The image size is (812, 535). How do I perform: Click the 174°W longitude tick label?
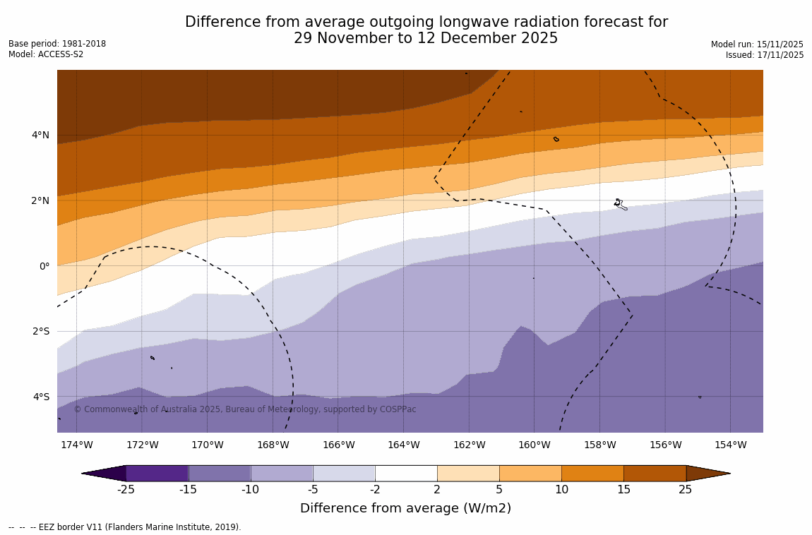click(x=76, y=445)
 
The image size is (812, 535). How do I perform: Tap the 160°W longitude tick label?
click(x=534, y=445)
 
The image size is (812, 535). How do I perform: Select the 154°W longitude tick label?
click(x=730, y=445)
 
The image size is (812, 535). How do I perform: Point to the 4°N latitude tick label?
click(x=40, y=135)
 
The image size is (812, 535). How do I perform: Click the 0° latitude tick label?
click(x=44, y=266)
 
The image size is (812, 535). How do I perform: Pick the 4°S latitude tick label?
click(x=40, y=397)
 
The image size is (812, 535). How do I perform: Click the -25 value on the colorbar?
click(x=126, y=490)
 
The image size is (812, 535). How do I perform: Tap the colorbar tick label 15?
click(x=623, y=490)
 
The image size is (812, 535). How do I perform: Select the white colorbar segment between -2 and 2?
click(x=406, y=473)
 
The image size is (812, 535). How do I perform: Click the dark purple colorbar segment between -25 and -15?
click(x=157, y=473)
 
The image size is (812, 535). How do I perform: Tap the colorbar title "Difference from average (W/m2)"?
click(x=405, y=508)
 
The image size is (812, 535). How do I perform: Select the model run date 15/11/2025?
click(x=780, y=44)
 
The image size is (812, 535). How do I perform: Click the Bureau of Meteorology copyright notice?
click(x=245, y=409)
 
